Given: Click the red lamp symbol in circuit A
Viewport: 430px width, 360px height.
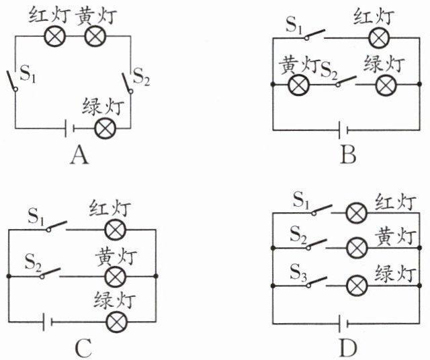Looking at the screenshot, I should coord(54,37).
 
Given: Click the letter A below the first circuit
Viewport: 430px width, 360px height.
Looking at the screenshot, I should coord(79,156).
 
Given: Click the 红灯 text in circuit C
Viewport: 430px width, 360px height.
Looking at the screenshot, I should coord(110,210).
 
